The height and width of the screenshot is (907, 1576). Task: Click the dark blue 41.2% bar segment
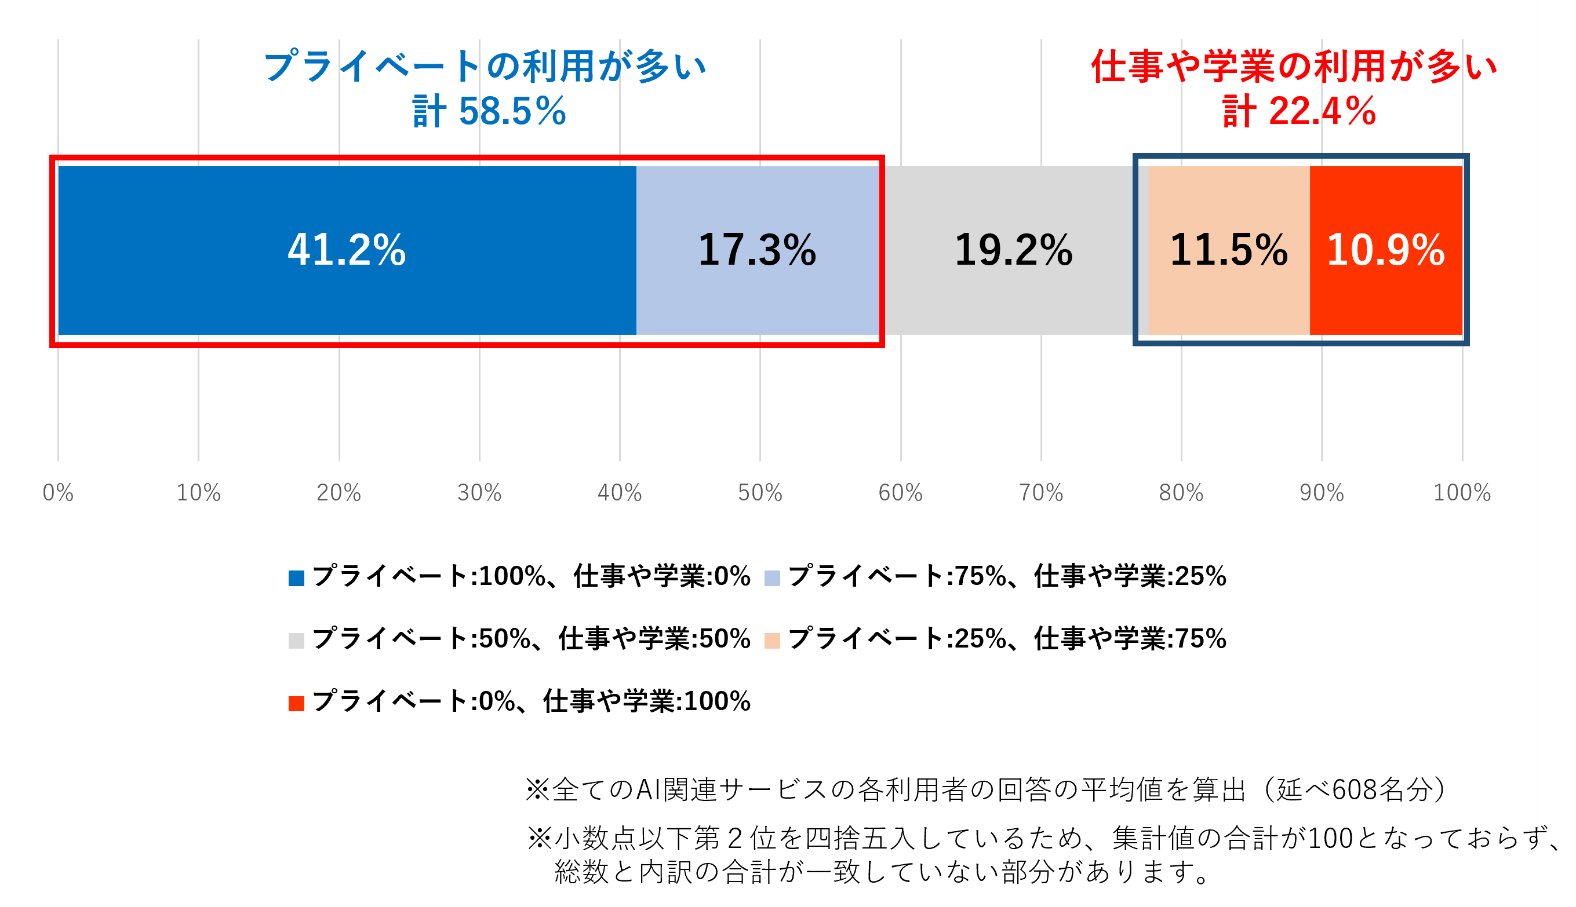pos(347,250)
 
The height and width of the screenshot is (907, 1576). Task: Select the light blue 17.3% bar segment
pos(757,250)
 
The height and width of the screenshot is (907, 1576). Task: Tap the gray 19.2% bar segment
pos(1014,250)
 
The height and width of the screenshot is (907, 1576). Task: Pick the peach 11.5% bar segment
pos(1229,250)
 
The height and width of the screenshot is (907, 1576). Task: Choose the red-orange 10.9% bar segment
pos(1385,250)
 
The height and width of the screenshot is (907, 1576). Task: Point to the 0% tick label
pos(58,493)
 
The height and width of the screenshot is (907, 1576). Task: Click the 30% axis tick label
pos(479,493)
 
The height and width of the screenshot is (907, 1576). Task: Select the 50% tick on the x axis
pos(760,493)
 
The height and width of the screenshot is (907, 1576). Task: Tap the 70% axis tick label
pos(1040,493)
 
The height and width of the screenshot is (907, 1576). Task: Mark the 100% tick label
pos(1462,493)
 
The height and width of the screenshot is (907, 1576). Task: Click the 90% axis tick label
pos(1322,493)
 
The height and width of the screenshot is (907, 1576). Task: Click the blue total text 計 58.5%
pos(489,112)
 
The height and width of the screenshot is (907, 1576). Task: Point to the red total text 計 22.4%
pos(1299,112)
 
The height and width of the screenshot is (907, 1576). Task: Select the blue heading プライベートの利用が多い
pos(485,66)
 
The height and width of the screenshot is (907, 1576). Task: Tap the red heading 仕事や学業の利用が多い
pos(1294,66)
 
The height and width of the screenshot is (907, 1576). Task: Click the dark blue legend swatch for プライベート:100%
pos(296,578)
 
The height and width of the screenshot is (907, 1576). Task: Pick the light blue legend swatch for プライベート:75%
pos(772,578)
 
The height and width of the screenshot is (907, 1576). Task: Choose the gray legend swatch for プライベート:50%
pos(296,641)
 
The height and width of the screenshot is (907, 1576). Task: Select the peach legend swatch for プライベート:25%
pos(772,641)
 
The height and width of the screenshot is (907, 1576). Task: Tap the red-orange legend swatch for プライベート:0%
pos(296,703)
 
